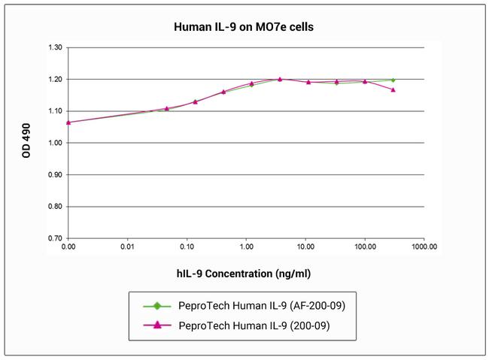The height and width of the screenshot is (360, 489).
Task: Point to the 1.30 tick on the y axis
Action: coord(53,47)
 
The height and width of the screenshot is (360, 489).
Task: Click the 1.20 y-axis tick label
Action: coord(53,79)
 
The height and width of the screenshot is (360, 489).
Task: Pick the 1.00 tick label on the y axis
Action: coord(53,143)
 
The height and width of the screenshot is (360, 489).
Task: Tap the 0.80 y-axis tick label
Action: coord(53,207)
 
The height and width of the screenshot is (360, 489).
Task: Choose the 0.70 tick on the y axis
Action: coord(53,238)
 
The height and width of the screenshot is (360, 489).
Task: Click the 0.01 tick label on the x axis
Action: coord(127,247)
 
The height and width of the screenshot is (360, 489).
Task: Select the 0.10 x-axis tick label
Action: coord(187,247)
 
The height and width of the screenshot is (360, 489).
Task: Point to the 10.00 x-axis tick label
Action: coord(305,247)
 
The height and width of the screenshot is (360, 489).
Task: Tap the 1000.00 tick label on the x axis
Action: coord(424,247)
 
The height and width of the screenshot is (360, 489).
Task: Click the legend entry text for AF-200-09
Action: coord(252,306)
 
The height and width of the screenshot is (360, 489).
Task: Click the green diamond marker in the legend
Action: coord(157,306)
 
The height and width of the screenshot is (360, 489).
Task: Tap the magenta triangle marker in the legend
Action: coord(157,325)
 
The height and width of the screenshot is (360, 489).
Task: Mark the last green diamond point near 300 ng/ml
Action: coord(393,80)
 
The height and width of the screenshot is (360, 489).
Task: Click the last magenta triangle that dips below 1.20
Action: coord(393,89)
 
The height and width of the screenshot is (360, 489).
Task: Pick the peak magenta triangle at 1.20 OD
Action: coord(280,79)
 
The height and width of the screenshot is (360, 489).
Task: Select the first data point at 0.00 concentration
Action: coord(68,122)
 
